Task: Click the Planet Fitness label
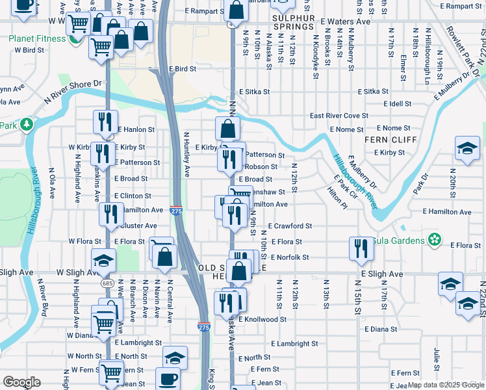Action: pyautogui.click(x=37, y=38)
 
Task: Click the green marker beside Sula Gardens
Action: pyautogui.click(x=435, y=240)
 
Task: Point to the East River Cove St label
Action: pyautogui.click(x=339, y=116)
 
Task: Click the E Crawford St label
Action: pyautogui.click(x=290, y=226)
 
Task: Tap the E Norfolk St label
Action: pyautogui.click(x=290, y=257)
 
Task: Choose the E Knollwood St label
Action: pyautogui.click(x=262, y=320)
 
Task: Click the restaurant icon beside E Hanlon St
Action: pyautogui.click(x=104, y=122)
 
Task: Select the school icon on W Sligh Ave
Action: pyautogui.click(x=103, y=261)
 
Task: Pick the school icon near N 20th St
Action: pyautogui.click(x=467, y=148)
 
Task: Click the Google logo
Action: pyautogui.click(x=22, y=382)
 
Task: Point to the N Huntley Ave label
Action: pyautogui.click(x=186, y=155)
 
